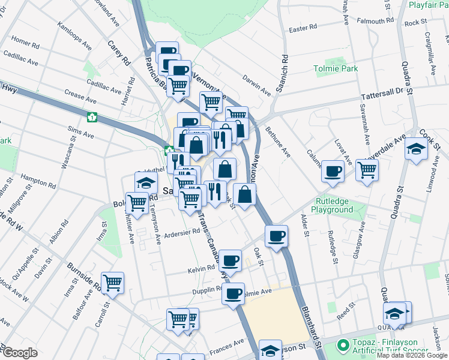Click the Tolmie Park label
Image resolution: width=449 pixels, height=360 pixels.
point(336,69)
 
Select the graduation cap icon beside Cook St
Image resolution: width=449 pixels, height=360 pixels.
point(415,148)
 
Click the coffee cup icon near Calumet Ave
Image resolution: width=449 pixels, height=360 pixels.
point(332,172)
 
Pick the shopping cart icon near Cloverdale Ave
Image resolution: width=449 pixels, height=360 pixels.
point(366,170)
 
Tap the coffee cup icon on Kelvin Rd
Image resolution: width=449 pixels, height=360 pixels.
point(229,260)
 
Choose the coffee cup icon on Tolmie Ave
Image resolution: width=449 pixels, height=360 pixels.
point(233,294)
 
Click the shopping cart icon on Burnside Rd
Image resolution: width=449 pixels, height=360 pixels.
point(112,283)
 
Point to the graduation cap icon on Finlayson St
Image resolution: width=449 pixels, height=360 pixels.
point(270,350)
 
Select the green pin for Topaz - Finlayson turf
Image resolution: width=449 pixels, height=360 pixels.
point(343,346)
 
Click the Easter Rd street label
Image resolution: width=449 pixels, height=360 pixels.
point(303,28)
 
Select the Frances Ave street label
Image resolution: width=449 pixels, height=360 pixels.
point(226,346)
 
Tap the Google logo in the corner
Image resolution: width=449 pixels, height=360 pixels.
point(20,353)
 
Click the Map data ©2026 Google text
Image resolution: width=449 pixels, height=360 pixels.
point(411,355)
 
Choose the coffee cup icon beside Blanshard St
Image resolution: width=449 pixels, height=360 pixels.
point(276,236)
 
